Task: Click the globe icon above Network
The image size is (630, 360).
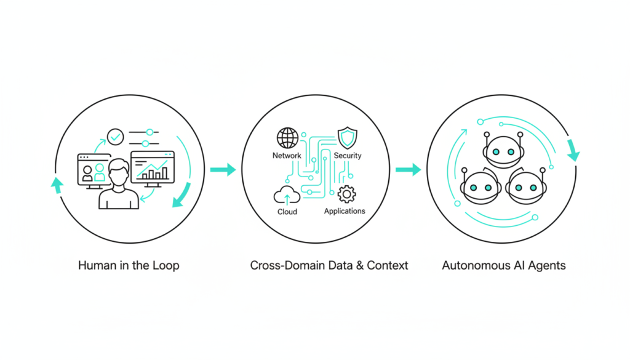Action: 287,137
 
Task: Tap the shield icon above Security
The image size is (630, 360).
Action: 347,137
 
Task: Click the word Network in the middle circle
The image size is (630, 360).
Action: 287,156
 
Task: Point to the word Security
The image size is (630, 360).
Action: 348,156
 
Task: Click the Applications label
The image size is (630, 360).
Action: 345,211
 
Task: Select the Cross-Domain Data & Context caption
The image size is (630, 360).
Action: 329,266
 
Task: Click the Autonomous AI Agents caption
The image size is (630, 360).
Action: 504,266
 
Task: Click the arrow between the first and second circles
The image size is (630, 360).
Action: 223,169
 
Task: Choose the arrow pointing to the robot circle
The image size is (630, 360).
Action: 408,169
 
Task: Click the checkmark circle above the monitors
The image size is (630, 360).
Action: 115,135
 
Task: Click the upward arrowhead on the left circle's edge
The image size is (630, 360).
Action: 57,184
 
